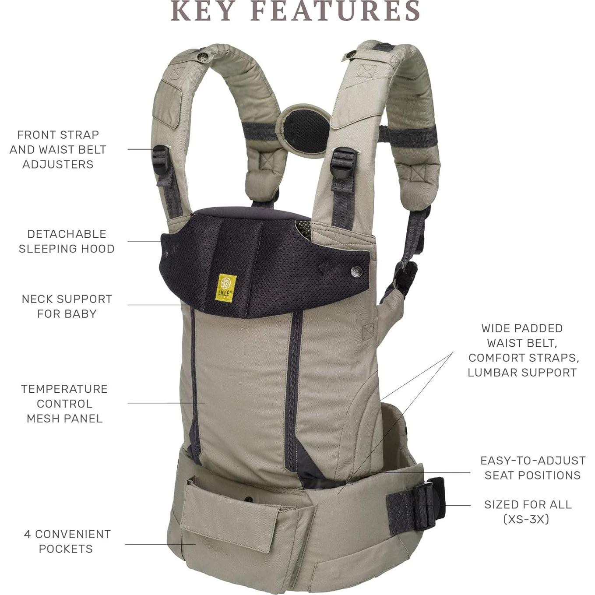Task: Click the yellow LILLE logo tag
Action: [x=226, y=287]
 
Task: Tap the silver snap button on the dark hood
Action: [x=357, y=272]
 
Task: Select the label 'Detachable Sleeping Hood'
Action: [x=67, y=241]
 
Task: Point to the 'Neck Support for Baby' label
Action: [x=67, y=306]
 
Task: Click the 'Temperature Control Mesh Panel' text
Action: [x=65, y=403]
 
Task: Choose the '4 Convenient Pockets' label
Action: [x=67, y=541]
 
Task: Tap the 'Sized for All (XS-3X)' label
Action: [x=527, y=511]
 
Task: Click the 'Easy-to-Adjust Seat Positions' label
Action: [x=532, y=468]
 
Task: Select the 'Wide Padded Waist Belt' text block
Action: [x=523, y=350]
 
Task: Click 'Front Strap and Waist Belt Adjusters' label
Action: [x=58, y=149]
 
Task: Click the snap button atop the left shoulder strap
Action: [x=203, y=56]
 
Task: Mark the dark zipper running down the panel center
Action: [x=293, y=385]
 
